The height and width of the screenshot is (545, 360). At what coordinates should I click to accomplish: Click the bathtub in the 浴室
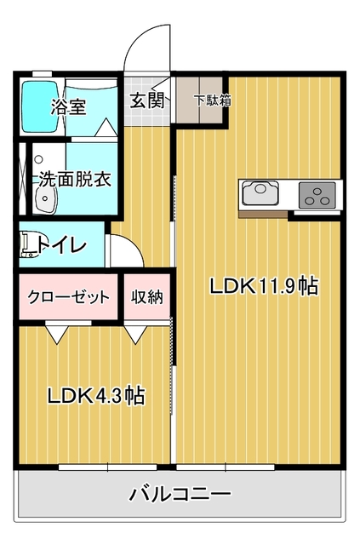pyautogui.click(x=41, y=106)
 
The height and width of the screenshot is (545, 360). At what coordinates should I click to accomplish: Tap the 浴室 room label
pyautogui.click(x=68, y=106)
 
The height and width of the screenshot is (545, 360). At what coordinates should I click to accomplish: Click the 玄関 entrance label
pyautogui.click(x=147, y=100)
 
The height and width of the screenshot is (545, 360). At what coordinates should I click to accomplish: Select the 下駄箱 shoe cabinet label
pyautogui.click(x=213, y=100)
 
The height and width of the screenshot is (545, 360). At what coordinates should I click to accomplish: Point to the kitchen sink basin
pyautogui.click(x=260, y=193)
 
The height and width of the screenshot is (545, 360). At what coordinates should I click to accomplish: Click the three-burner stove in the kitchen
pyautogui.click(x=317, y=195)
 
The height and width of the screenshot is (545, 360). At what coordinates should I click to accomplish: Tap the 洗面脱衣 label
pyautogui.click(x=75, y=179)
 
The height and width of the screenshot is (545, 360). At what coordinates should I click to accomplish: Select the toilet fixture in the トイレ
pyautogui.click(x=28, y=245)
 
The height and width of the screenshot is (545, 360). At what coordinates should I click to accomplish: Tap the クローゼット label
pyautogui.click(x=68, y=297)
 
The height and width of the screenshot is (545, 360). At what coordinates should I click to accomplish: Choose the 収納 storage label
pyautogui.click(x=147, y=297)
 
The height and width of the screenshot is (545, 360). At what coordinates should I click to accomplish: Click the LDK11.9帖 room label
pyautogui.click(x=263, y=286)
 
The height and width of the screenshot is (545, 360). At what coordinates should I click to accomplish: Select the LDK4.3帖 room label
pyautogui.click(x=96, y=395)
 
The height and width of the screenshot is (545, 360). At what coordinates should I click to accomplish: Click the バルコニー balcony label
pyautogui.click(x=180, y=494)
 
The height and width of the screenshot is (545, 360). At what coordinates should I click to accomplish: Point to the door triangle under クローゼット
pyautogui.click(x=57, y=334)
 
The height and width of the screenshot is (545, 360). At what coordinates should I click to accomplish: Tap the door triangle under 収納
pyautogui.click(x=136, y=334)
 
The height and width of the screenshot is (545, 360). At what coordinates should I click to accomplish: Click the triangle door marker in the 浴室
pyautogui.click(x=106, y=127)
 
